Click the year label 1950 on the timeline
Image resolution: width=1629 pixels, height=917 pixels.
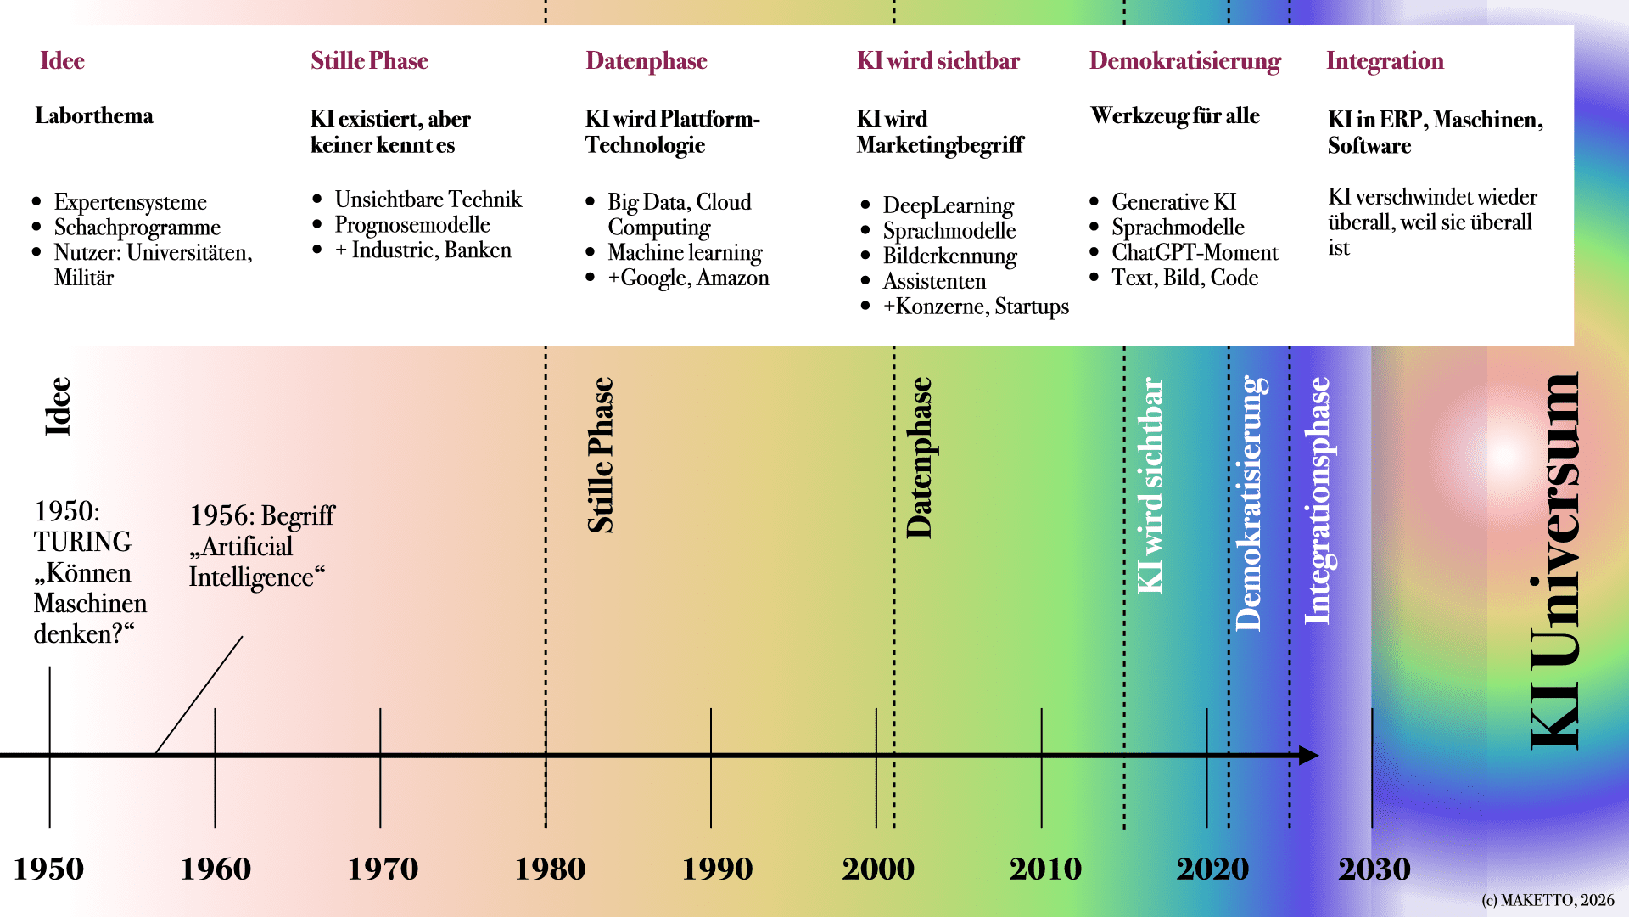48,869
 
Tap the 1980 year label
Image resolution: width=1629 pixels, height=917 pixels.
550,869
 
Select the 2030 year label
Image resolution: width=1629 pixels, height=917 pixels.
1374,869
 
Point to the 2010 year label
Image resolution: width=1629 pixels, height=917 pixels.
1044,869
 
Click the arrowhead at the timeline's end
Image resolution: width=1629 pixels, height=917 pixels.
1308,755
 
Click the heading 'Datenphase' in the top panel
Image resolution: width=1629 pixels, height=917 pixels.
646,61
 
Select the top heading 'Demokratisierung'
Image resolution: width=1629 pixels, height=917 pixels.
1184,61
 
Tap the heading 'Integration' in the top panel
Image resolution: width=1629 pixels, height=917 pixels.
1384,61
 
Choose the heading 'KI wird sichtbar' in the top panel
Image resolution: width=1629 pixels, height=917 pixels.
938,61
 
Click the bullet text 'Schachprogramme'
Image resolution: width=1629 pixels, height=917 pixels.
137,228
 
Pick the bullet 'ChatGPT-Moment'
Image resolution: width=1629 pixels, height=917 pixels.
1194,253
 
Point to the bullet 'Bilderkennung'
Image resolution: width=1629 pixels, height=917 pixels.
949,256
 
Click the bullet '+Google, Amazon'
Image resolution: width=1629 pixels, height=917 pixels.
688,278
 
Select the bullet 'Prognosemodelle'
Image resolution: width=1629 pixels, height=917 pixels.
411,225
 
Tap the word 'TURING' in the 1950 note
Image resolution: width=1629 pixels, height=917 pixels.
82,542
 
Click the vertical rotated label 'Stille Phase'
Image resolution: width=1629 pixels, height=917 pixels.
601,455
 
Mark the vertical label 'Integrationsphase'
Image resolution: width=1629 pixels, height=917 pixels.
1318,501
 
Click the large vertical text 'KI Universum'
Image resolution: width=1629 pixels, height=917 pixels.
1554,560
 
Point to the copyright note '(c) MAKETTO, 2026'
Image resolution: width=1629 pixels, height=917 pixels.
1548,900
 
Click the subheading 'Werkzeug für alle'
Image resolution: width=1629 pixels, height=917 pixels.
1174,116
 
